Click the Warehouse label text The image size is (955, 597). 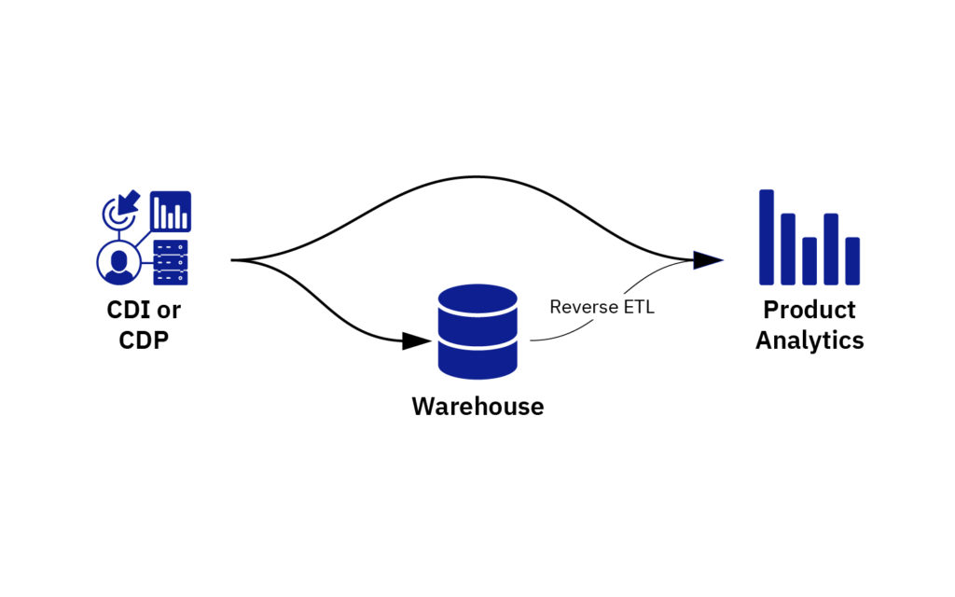(x=477, y=407)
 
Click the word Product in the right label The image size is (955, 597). (x=809, y=310)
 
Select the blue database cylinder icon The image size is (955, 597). (x=477, y=331)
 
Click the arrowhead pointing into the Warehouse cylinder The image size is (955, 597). (x=416, y=341)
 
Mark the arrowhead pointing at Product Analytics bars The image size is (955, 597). (x=709, y=259)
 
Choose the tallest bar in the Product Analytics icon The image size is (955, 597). (x=767, y=237)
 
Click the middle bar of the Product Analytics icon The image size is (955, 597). (x=810, y=261)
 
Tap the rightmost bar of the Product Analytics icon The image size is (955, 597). (x=851, y=261)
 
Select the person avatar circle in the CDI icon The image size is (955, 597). (x=118, y=262)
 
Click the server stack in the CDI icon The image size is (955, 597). (x=170, y=262)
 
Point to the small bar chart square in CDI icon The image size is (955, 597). (x=171, y=212)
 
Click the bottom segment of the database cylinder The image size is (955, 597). (x=477, y=360)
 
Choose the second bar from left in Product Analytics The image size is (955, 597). (x=788, y=249)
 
